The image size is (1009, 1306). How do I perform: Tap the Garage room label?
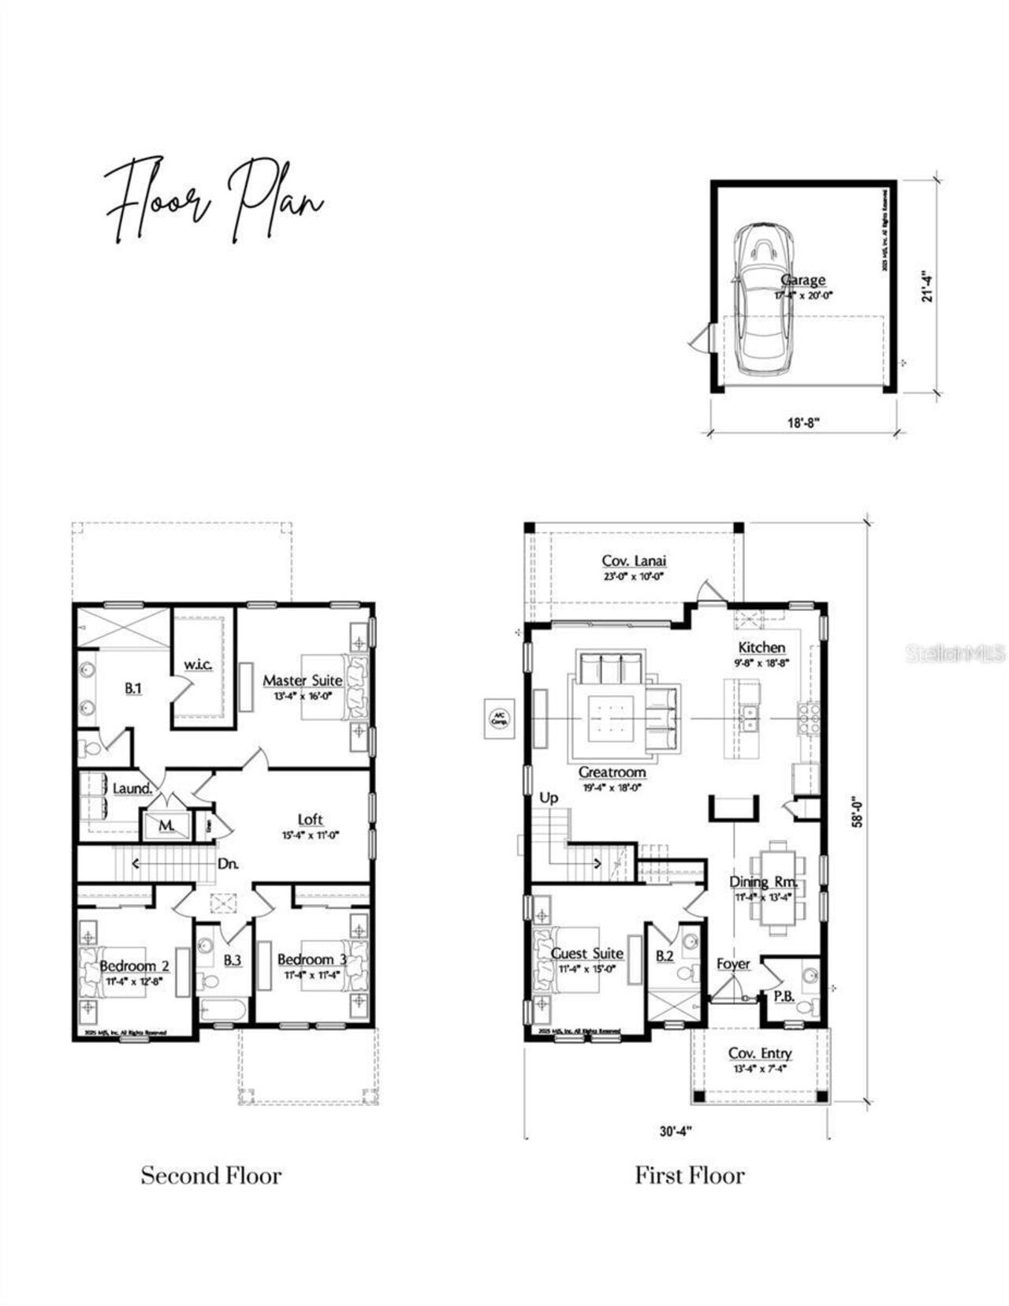[803, 280]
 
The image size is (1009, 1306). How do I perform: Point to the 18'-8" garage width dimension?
[803, 422]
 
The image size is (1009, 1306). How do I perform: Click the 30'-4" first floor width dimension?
[676, 1131]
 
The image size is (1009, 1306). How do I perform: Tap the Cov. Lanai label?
[634, 561]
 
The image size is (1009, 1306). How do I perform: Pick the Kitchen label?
[761, 648]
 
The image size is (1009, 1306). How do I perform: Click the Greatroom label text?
[612, 772]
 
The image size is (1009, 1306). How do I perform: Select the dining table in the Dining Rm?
[777, 887]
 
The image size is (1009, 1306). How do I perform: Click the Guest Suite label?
[586, 954]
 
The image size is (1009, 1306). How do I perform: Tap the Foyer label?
[733, 964]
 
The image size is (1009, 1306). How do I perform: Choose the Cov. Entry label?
[760, 1054]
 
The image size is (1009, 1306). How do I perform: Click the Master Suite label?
[303, 680]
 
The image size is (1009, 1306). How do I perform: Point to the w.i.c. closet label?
[198, 664]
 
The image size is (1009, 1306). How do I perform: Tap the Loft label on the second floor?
[310, 820]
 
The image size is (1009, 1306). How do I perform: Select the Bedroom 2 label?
[134, 966]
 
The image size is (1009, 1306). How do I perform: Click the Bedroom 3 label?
[311, 960]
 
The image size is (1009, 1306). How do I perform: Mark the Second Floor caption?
[211, 1175]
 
